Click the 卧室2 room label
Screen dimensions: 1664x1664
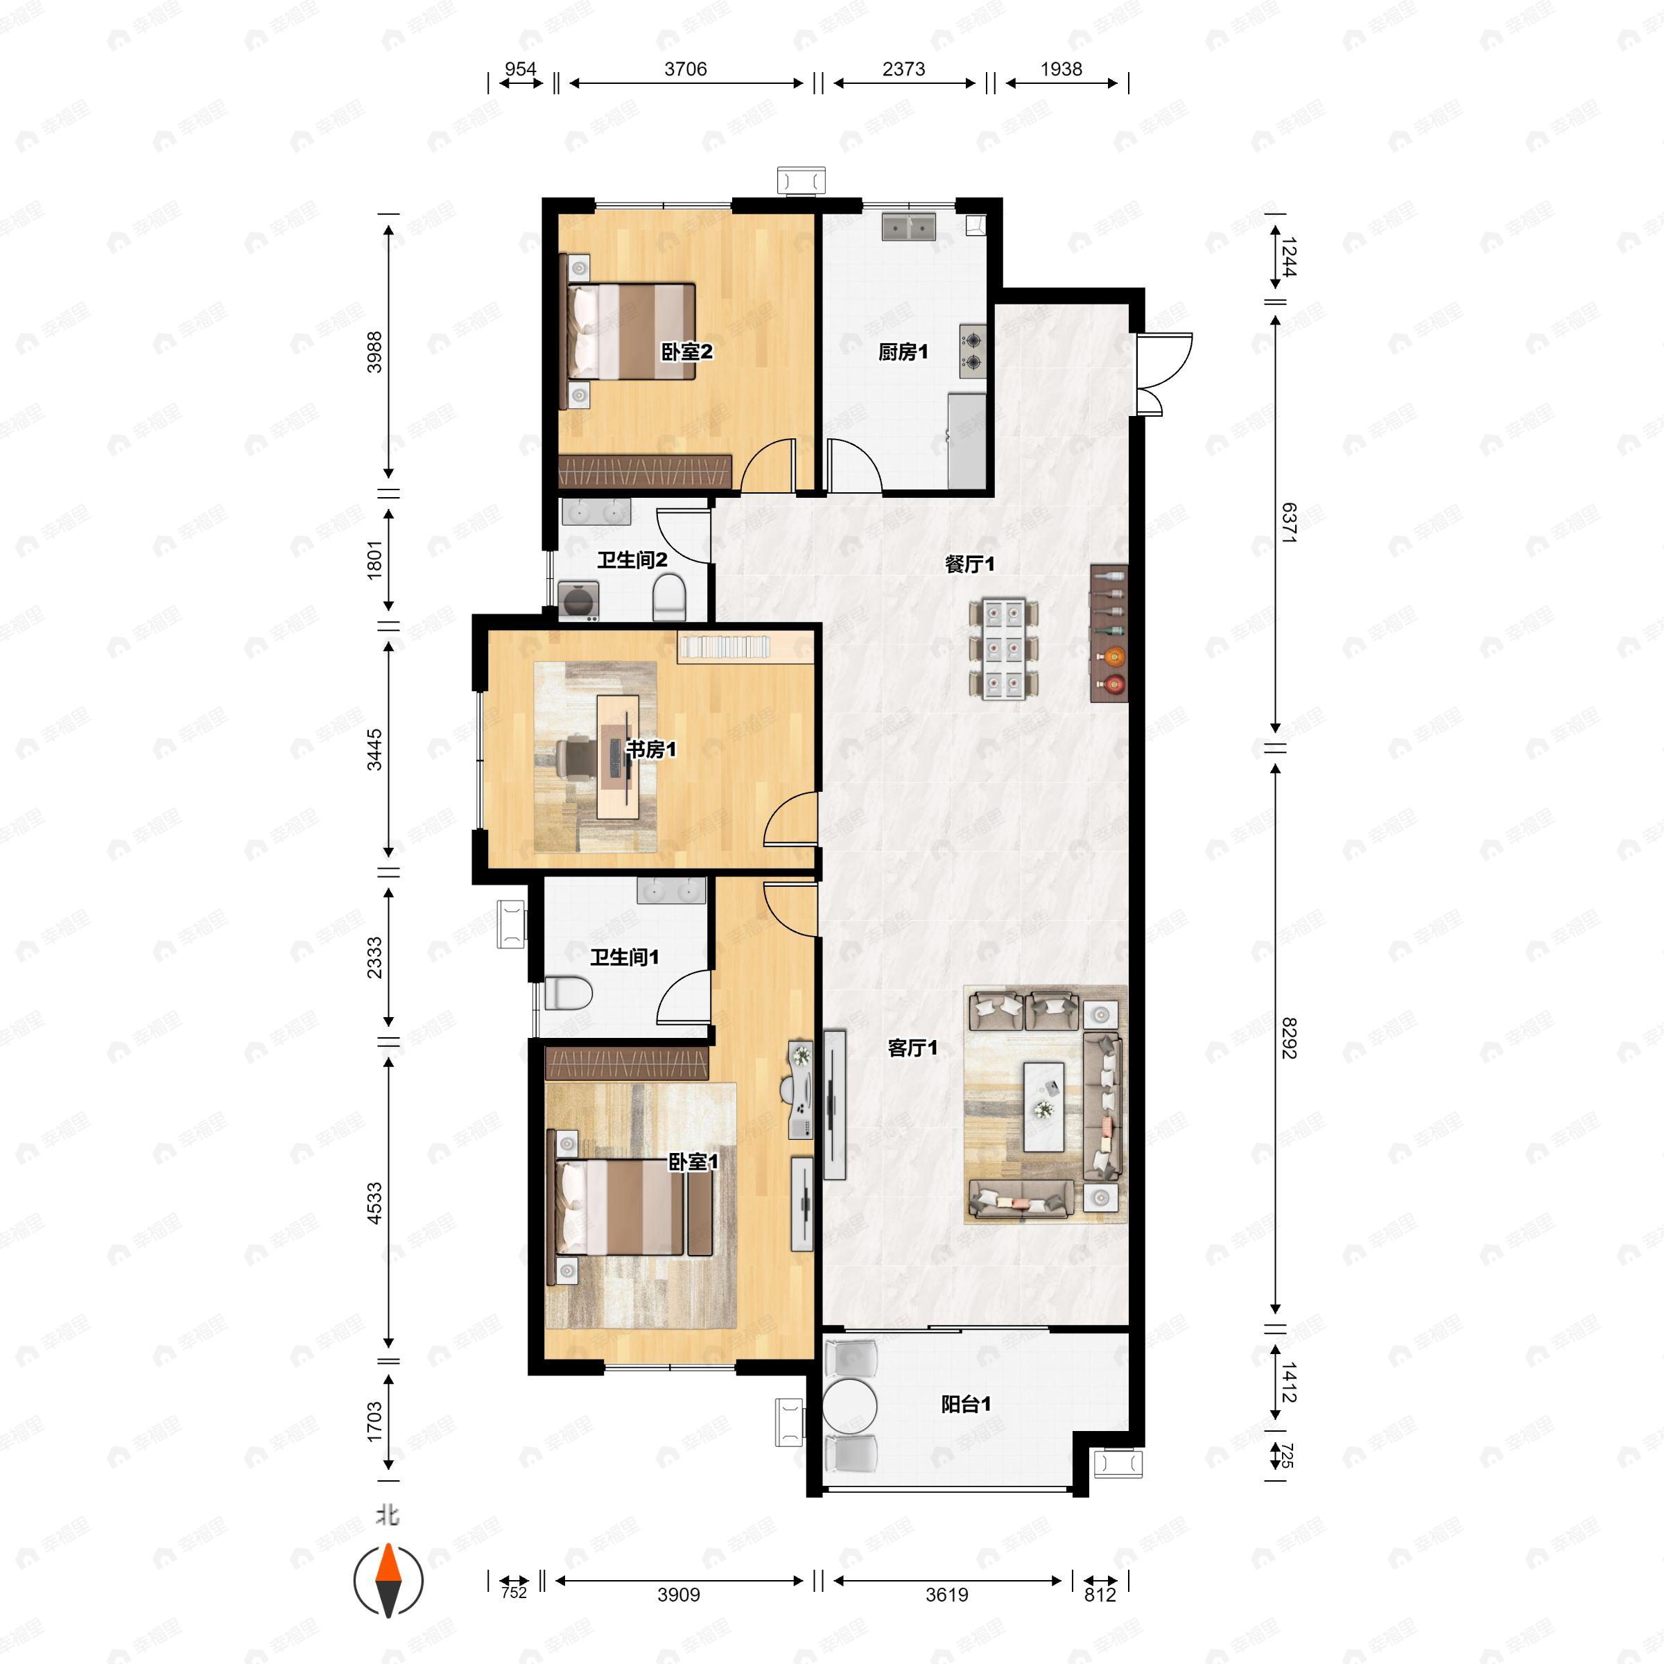click(x=686, y=352)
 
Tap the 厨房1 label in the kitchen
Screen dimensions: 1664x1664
click(x=903, y=352)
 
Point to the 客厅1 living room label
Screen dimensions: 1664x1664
click(x=912, y=1048)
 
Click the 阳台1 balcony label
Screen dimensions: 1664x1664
click(x=966, y=1405)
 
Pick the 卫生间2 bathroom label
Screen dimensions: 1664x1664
click(x=632, y=560)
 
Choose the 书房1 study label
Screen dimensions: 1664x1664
click(x=650, y=749)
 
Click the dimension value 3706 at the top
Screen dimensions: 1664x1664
click(x=686, y=69)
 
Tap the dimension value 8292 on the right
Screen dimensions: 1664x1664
click(x=1288, y=1038)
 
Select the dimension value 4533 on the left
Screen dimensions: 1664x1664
click(x=374, y=1203)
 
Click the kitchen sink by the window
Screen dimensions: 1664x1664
click(x=909, y=227)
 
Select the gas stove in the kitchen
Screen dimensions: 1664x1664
click(x=972, y=352)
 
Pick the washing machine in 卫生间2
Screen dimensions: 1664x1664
click(x=579, y=600)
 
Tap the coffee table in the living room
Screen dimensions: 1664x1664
click(x=1044, y=1107)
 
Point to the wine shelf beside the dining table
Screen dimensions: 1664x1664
click(x=1109, y=633)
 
